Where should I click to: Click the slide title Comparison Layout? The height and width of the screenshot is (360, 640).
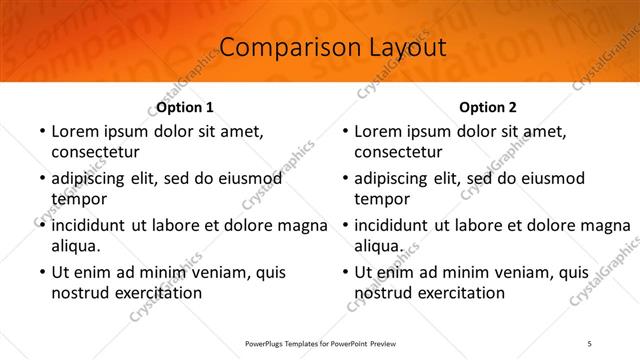(319, 47)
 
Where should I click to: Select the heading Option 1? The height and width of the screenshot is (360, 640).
(185, 107)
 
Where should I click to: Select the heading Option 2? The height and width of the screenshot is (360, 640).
(488, 107)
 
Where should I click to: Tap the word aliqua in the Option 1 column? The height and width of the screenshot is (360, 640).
(75, 246)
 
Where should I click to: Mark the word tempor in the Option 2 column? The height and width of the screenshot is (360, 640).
(382, 199)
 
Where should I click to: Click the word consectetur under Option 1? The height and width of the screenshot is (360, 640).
(95, 152)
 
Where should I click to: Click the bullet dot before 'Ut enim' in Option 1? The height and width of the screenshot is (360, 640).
(41, 272)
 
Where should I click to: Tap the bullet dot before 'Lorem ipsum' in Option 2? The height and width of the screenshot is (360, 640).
(344, 131)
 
